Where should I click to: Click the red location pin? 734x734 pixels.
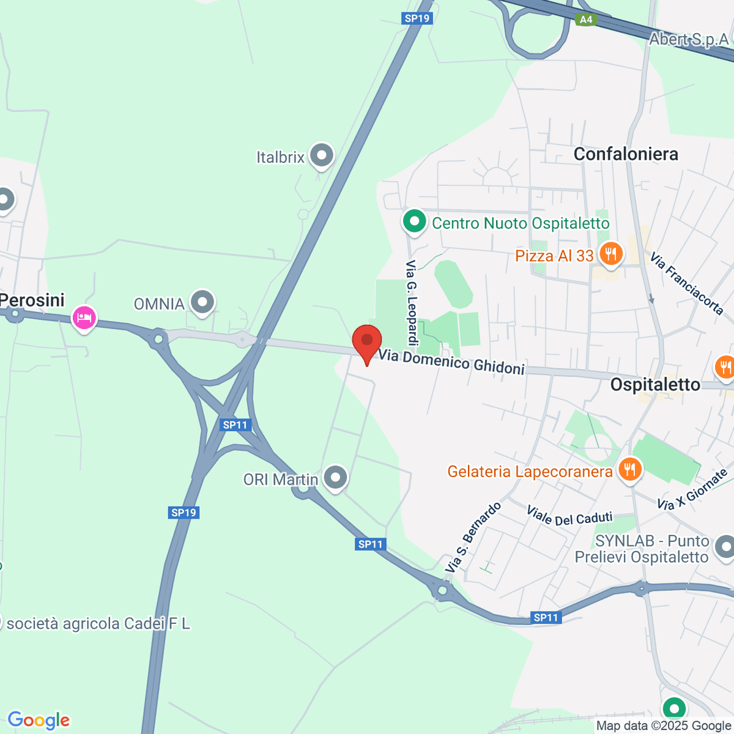click(367, 341)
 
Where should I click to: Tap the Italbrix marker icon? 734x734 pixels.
click(321, 156)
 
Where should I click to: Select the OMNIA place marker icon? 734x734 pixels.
click(202, 302)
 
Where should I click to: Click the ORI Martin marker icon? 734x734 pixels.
click(335, 478)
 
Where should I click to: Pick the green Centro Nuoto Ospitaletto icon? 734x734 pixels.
click(414, 221)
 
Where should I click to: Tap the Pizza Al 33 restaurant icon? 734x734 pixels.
click(610, 254)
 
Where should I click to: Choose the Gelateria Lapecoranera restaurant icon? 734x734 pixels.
click(629, 470)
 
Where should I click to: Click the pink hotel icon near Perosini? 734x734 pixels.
click(84, 317)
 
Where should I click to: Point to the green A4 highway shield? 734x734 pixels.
click(586, 20)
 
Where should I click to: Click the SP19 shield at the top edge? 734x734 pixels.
click(417, 18)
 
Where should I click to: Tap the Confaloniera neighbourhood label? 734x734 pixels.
click(626, 154)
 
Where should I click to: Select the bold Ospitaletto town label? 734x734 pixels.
click(655, 385)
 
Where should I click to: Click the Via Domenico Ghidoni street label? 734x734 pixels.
click(451, 361)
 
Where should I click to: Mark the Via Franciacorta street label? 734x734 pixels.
click(687, 283)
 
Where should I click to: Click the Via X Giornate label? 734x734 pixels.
click(692, 489)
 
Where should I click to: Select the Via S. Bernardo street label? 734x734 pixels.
click(473, 538)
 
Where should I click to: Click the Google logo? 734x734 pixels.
click(39, 721)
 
